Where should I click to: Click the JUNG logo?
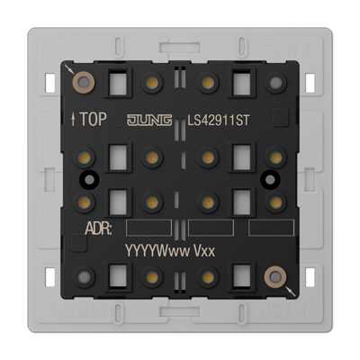[x=149, y=121]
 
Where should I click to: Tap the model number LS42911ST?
[x=219, y=121]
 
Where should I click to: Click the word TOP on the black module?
[x=94, y=120]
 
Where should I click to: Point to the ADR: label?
[x=98, y=229]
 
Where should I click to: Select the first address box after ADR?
[x=148, y=228]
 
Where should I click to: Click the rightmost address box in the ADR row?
[x=271, y=228]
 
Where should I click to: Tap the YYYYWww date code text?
[x=157, y=250]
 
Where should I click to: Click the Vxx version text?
[x=204, y=250]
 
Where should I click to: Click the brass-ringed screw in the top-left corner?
[x=84, y=82]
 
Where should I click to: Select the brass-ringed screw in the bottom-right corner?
[x=275, y=277]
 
